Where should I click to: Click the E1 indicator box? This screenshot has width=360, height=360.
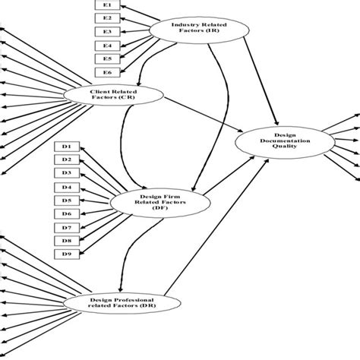(107, 5)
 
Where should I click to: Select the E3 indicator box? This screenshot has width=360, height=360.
(107, 31)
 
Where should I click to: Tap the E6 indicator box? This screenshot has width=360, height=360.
(107, 72)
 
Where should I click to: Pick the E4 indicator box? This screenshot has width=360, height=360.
(107, 45)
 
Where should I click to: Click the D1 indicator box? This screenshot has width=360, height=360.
(68, 146)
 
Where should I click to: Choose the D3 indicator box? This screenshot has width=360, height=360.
(68, 173)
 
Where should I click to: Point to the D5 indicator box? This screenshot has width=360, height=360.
(68, 201)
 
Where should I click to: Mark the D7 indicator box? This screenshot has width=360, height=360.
(68, 227)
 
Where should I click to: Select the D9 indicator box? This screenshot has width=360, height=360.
(68, 254)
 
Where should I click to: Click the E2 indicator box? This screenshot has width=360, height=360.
(107, 17)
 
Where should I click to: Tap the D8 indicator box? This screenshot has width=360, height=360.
(68, 241)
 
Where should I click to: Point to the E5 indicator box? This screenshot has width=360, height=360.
(107, 58)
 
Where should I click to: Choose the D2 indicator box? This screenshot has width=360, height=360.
(68, 159)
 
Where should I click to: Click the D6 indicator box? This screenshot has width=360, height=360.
(68, 214)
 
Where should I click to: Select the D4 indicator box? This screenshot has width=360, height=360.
(68, 187)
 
